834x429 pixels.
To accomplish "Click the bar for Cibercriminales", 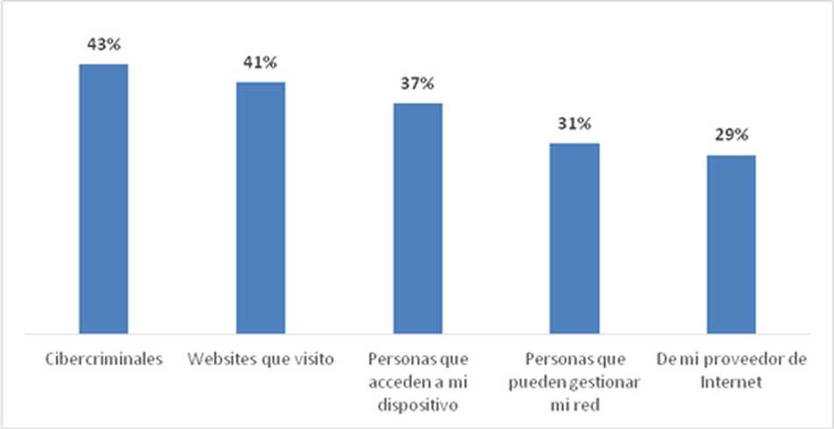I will pos(104,199).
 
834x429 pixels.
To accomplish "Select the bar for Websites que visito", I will pos(261,207).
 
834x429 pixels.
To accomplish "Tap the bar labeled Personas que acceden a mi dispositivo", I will pos(417,218).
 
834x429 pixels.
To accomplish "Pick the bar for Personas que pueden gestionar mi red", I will pos(574,238).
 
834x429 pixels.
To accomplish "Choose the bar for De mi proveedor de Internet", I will pos(730,244).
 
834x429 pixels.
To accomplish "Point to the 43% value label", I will pos(104,45).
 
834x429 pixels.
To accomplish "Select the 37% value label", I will pos(417,84).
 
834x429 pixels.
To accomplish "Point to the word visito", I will pos(314,360).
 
